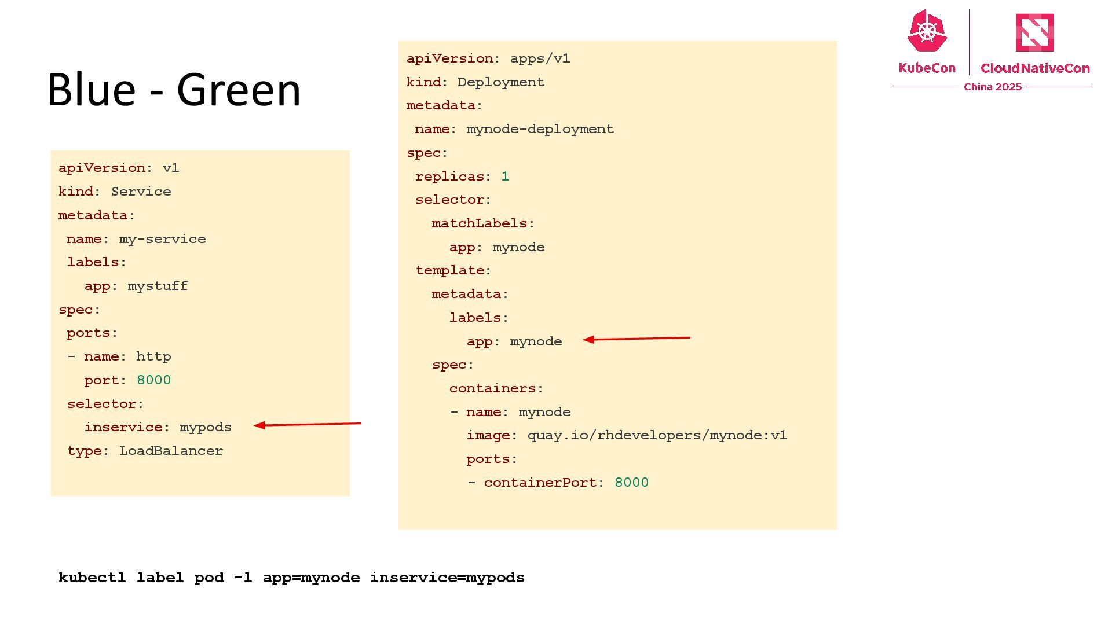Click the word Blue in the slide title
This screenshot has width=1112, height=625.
pos(91,90)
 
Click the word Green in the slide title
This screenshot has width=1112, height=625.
pos(239,90)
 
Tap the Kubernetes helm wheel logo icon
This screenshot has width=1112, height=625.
pos(927,31)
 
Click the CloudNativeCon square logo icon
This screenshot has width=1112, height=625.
pos(1034,32)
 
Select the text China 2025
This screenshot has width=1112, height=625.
pos(992,87)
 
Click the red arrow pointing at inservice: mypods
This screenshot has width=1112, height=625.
pos(308,425)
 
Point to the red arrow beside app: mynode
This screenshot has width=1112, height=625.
pos(637,339)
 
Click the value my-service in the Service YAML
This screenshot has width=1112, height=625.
pos(162,239)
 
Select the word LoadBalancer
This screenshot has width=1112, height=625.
pos(171,451)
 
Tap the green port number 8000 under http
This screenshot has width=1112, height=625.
pos(153,380)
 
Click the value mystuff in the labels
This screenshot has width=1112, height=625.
pos(158,286)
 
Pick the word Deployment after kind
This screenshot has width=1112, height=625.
pos(500,82)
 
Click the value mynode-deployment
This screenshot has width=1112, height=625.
pos(540,129)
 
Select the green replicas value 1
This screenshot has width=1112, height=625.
pos(505,177)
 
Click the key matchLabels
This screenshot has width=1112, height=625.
pos(480,223)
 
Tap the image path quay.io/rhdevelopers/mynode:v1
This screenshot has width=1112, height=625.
pos(657,435)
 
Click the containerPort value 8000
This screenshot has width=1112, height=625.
pos(631,483)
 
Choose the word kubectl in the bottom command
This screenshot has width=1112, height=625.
pos(92,578)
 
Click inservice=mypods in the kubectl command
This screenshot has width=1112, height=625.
pos(447,578)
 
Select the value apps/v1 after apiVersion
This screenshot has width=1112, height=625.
pos(540,58)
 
